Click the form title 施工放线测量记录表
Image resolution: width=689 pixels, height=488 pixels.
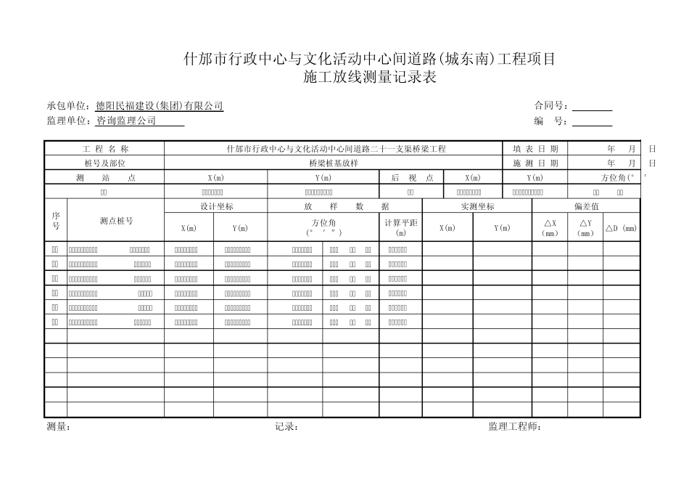click(370, 78)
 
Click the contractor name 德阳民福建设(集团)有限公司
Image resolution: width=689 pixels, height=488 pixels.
click(160, 106)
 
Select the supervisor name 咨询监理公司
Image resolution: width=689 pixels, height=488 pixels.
click(126, 121)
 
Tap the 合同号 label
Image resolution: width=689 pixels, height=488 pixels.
click(550, 106)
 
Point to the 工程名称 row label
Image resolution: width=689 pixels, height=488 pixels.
click(105, 149)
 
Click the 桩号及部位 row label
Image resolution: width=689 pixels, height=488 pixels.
click(105, 163)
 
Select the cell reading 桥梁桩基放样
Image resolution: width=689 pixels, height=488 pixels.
click(334, 163)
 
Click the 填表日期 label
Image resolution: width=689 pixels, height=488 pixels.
click(535, 149)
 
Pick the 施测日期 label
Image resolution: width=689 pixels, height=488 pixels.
click(535, 163)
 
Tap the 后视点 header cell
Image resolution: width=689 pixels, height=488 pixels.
click(412, 178)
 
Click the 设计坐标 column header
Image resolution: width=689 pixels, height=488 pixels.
click(216, 206)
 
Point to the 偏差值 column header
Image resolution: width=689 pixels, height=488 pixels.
click(586, 206)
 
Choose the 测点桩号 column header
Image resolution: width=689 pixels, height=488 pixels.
click(116, 220)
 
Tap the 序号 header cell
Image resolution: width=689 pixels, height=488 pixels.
click(56, 220)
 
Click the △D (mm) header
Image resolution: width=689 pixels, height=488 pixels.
click(622, 228)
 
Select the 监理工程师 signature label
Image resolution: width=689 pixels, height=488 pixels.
click(514, 427)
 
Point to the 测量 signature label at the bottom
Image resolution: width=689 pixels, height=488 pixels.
click(58, 427)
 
